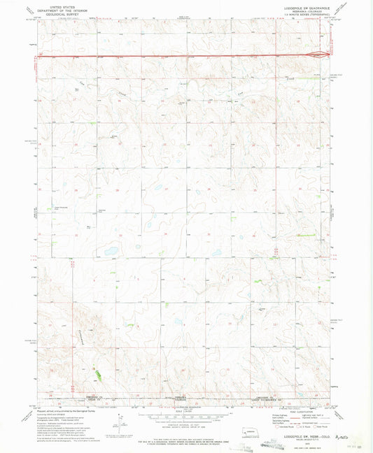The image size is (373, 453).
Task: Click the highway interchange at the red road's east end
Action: point(320,53)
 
